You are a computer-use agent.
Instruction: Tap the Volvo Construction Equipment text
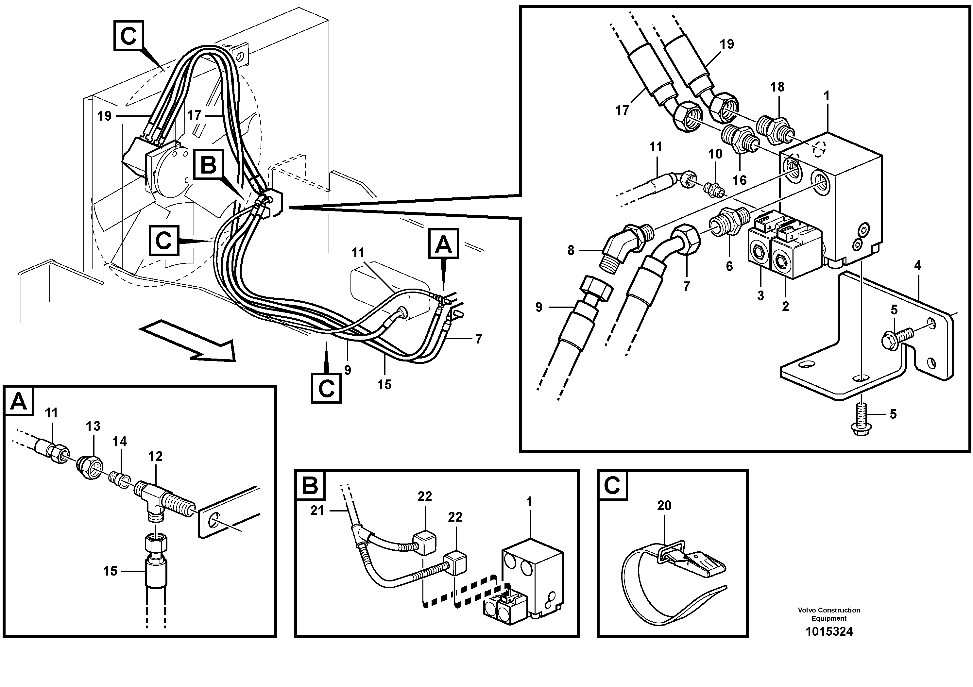[x=828, y=614]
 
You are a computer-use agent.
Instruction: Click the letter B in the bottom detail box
[x=310, y=485]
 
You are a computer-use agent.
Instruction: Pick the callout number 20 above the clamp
[x=664, y=505]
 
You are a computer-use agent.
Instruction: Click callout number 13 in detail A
[x=93, y=426]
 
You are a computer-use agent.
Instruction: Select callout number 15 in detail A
[x=110, y=571]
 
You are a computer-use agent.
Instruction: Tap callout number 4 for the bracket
[x=917, y=266]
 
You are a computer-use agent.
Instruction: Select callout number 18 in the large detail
[x=777, y=87]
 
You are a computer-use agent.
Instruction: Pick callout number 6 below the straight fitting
[x=729, y=266]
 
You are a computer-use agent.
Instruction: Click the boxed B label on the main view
[x=208, y=165]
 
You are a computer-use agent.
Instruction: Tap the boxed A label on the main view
[x=443, y=244]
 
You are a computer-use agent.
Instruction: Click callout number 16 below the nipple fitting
[x=739, y=180]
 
